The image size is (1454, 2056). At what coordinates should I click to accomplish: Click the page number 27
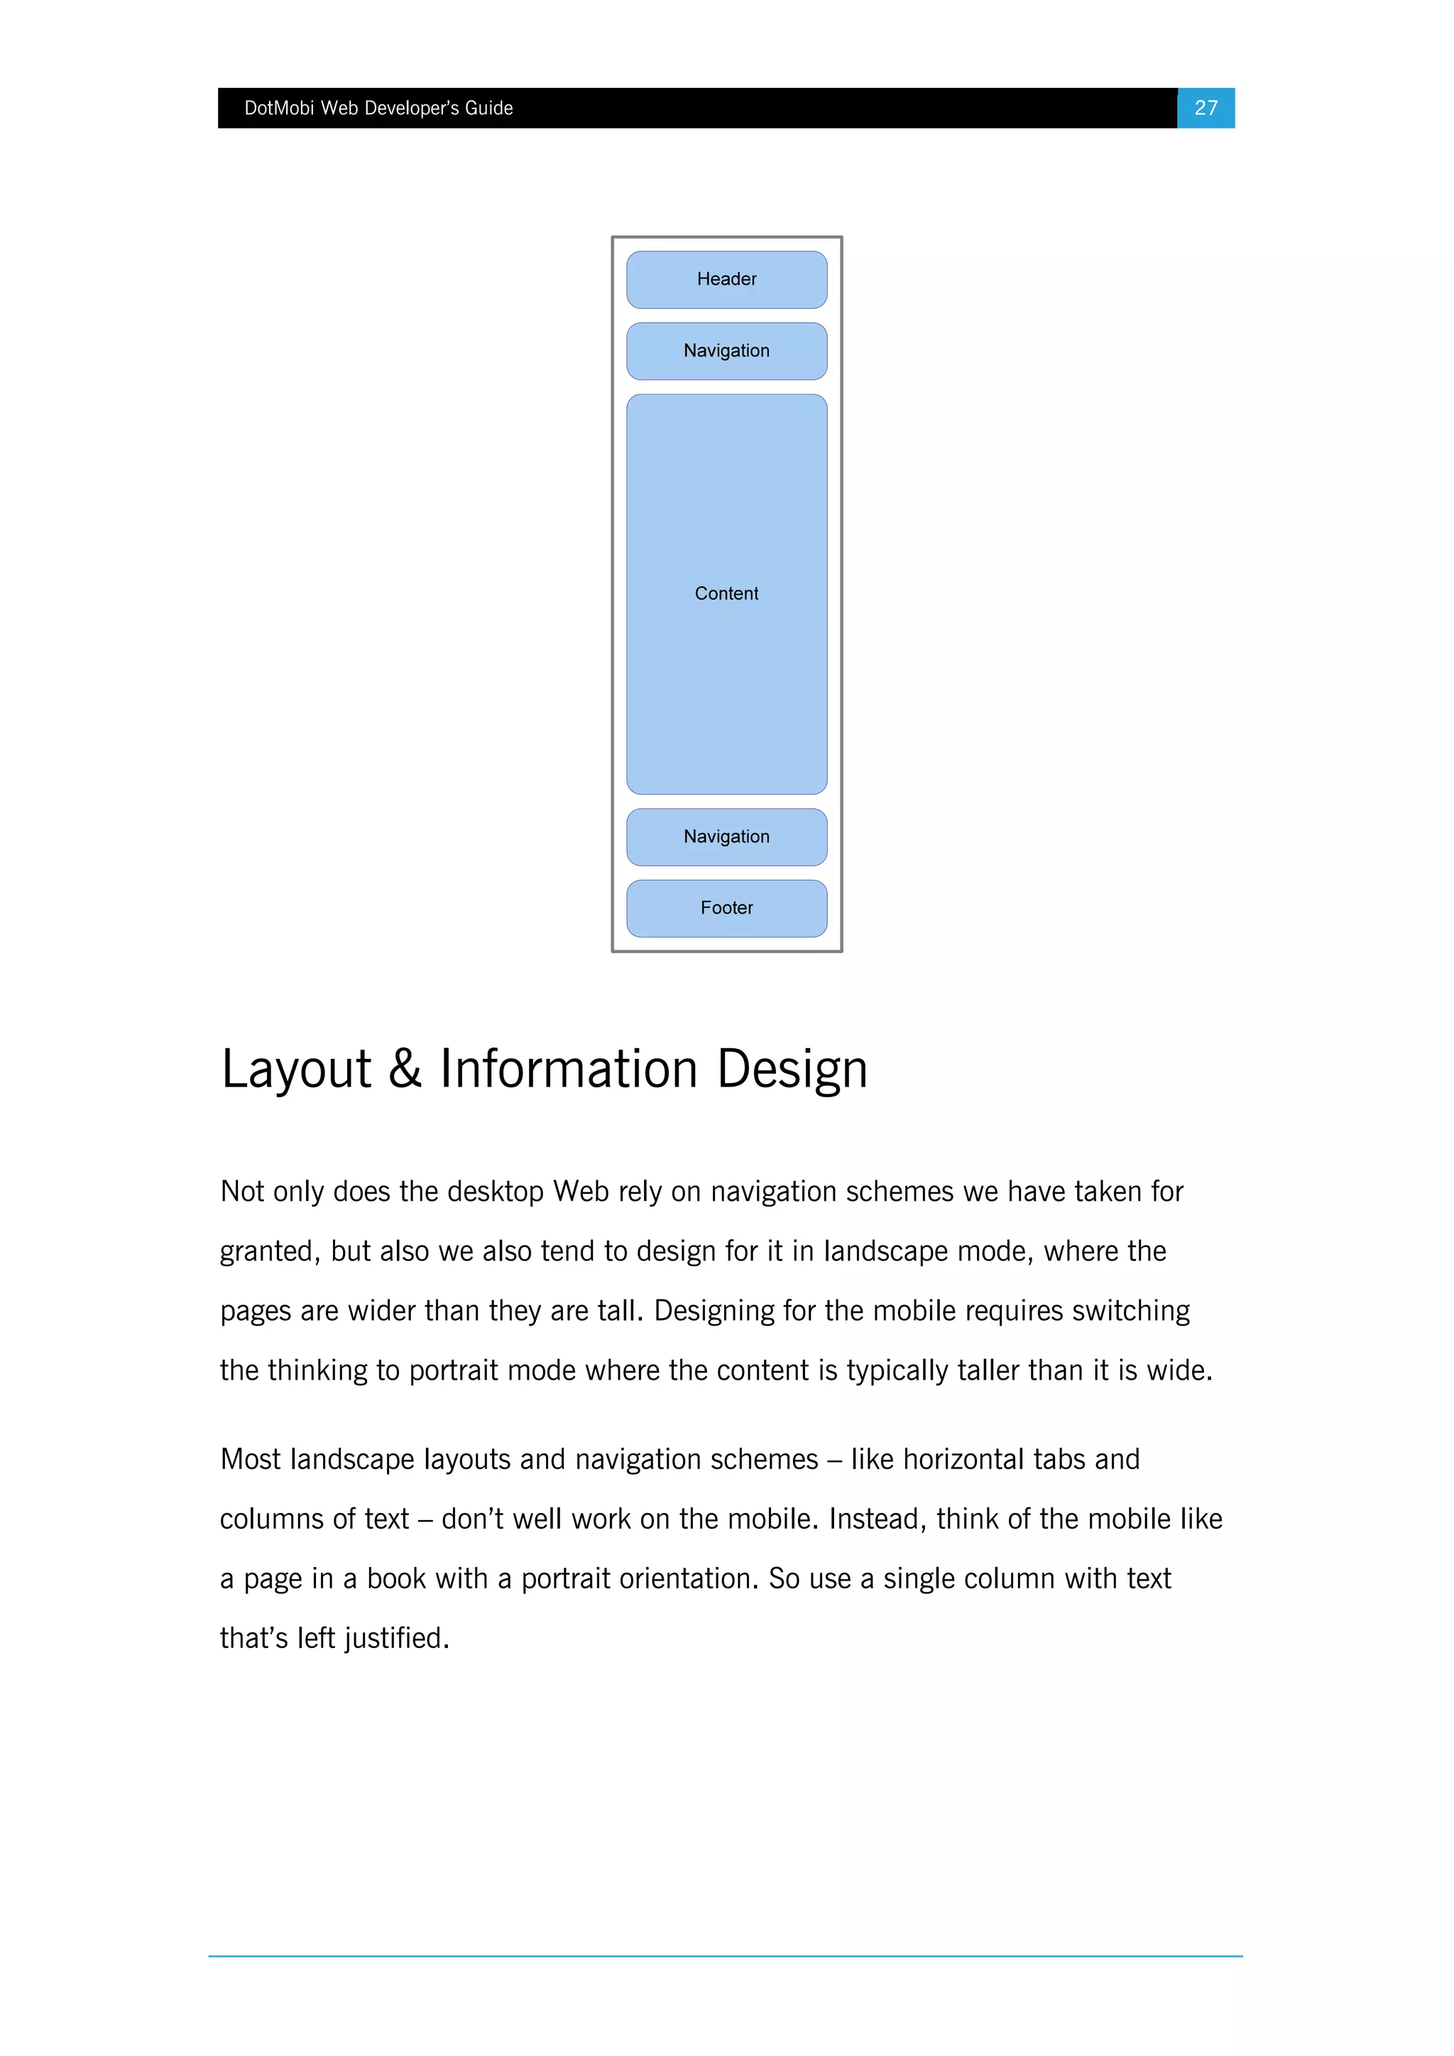tap(1205, 109)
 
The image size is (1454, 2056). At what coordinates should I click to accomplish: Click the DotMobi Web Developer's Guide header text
tap(378, 109)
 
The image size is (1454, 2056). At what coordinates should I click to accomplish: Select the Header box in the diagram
tap(726, 280)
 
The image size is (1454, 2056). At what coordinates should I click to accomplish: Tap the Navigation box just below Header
tap(726, 351)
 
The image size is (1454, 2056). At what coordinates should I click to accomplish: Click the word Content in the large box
tap(726, 594)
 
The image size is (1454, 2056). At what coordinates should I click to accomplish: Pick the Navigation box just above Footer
tap(726, 836)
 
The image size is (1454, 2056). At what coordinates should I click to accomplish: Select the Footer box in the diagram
tap(726, 908)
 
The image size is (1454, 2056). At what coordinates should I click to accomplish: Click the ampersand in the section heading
tap(405, 1070)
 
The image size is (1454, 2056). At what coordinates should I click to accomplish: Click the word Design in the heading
tap(792, 1070)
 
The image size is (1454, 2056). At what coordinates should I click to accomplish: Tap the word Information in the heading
tap(568, 1070)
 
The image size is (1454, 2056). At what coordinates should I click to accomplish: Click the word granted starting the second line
tap(270, 1252)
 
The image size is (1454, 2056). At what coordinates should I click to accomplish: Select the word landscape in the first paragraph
tap(887, 1252)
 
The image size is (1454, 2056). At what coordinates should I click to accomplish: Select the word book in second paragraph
tap(396, 1578)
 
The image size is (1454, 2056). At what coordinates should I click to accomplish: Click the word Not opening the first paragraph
tap(242, 1192)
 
